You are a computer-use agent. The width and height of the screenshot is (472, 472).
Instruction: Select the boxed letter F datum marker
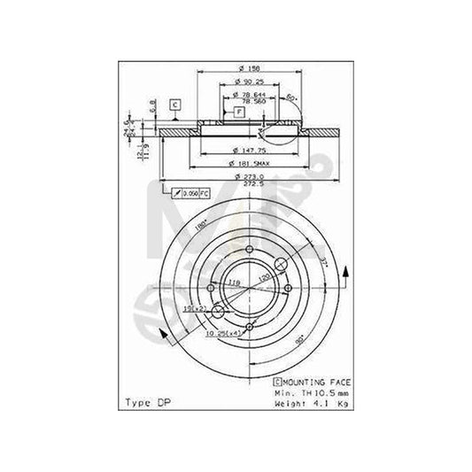pos(239,112)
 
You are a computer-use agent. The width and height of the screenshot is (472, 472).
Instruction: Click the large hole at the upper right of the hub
pos(282,263)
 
